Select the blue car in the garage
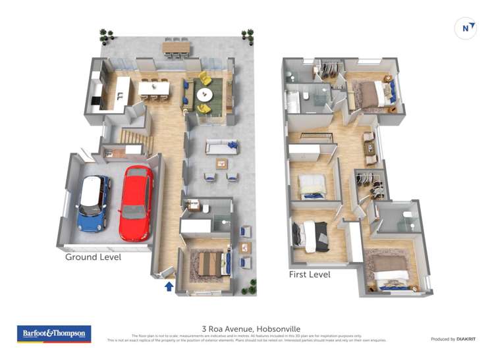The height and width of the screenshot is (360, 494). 93,203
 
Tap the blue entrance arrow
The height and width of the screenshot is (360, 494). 169,286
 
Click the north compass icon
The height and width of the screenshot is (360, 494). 466,28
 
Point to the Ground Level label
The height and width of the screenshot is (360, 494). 93,257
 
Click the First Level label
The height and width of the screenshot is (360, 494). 310,274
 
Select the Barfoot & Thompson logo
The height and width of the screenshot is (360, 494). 53,334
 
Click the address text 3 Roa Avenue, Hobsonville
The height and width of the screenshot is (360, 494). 247,327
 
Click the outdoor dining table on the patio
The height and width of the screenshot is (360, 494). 177,47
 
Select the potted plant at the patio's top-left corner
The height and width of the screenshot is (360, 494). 105,33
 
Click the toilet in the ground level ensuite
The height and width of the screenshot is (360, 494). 205,209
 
